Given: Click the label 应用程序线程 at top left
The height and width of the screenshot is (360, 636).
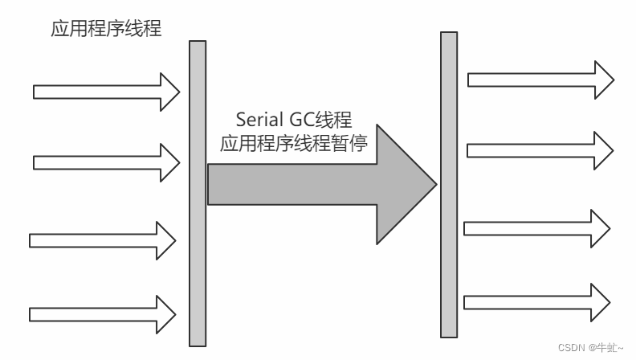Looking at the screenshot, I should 106,31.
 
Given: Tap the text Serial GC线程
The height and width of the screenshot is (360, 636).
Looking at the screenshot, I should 294,120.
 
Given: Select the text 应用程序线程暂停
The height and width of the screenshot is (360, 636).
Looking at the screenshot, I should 294,145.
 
